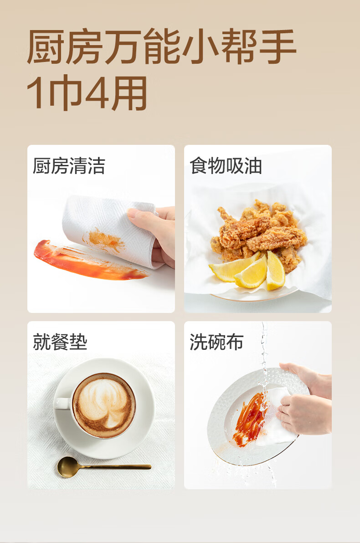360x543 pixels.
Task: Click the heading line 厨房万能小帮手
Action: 162,47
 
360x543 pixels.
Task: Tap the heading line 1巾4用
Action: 87,93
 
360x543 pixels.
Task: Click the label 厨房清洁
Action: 69,166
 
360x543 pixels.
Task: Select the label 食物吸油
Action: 226,166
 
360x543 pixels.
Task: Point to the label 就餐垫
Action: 60,342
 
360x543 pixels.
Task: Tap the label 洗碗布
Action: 216,342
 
